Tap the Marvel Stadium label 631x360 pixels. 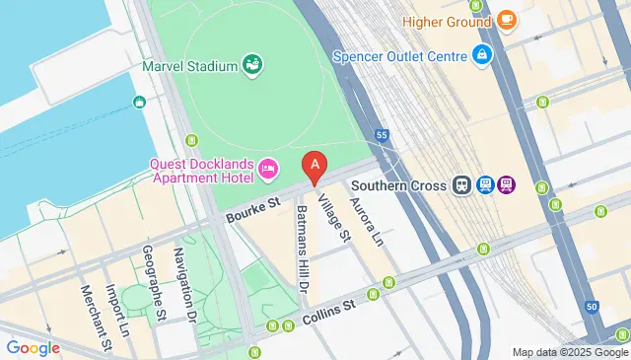(189, 66)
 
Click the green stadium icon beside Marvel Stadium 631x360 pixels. (253, 65)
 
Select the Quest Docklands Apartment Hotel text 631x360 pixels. (201, 171)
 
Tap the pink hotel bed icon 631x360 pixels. (268, 172)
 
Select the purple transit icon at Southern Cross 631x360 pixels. (507, 184)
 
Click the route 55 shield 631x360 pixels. (382, 134)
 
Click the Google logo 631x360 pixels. (33, 347)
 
